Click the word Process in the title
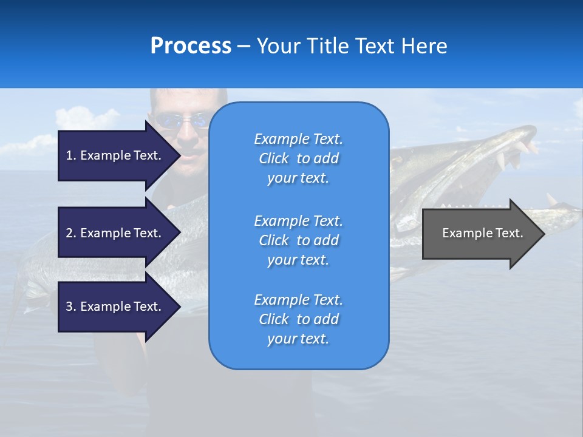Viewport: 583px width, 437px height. (x=191, y=46)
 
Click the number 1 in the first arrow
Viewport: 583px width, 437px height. (x=69, y=155)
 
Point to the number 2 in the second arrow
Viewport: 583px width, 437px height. (x=69, y=233)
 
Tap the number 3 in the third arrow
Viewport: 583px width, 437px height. (x=69, y=307)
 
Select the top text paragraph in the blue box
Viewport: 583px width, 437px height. (x=298, y=158)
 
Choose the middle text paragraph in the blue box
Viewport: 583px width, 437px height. (x=298, y=240)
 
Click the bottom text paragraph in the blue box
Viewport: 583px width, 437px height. (x=298, y=319)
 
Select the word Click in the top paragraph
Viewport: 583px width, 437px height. (x=274, y=158)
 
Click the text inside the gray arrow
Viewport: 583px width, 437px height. (x=482, y=233)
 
